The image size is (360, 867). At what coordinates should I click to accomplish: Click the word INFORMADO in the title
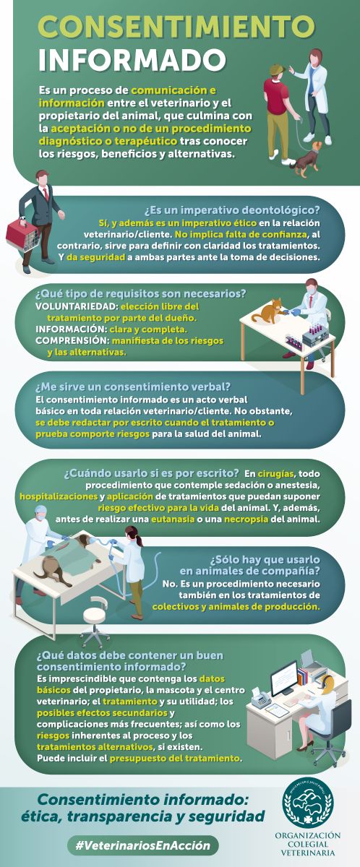132,60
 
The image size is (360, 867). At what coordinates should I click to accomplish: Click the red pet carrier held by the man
22,234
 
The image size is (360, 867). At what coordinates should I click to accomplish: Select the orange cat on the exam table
267,311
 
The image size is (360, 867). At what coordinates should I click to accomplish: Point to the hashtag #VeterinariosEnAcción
143,845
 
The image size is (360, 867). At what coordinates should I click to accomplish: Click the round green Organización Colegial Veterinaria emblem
307,803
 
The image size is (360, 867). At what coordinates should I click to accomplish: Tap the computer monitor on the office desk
284,678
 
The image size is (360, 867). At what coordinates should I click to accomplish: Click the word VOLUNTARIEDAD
76,306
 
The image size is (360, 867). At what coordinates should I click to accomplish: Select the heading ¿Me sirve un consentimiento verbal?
133,387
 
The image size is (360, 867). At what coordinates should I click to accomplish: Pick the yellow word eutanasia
173,519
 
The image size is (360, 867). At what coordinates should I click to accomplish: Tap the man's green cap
277,69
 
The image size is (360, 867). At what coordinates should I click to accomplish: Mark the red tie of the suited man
46,194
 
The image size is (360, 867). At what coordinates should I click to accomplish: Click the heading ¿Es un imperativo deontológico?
232,210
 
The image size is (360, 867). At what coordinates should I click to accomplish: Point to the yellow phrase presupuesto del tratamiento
175,758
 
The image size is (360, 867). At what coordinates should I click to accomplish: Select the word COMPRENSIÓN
72,340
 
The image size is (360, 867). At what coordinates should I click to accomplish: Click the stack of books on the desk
304,676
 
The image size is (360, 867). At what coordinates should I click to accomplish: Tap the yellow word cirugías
276,473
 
